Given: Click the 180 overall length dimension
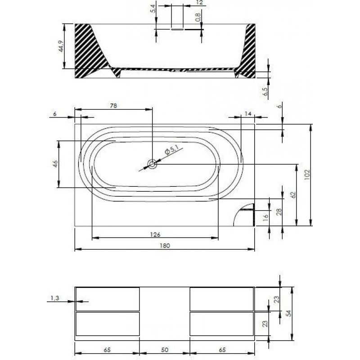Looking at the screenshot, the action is coord(165,246).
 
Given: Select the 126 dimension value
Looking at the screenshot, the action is coord(155,234).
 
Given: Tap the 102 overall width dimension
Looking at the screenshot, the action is coord(307,175).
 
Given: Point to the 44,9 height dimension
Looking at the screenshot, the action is coord(61,46).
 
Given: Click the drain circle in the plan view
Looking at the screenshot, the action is coord(152,164).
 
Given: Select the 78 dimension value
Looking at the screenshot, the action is coord(113,106).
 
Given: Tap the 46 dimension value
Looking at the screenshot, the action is coord(55,164).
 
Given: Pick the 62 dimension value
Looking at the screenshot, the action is coord(293,195).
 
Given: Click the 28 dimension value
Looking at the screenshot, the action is coord(279,211).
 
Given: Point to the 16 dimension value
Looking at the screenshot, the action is coord(265,216).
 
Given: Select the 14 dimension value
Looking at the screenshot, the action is coord(248,113).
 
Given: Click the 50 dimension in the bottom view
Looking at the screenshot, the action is coord(165,350).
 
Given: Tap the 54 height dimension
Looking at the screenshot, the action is coord(288,313).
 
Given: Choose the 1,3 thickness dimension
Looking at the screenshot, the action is coord(54,298).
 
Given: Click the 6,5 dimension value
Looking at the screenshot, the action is coord(265,92).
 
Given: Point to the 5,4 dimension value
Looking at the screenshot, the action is coord(153,9).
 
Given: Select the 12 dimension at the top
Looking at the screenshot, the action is coord(200,3).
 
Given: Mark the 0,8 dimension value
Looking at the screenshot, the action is coord(198,17).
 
